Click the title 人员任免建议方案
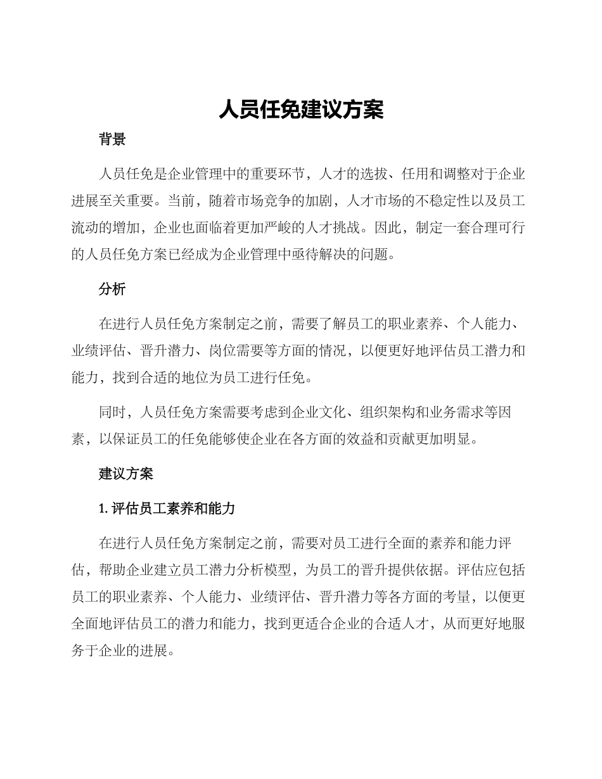coord(301,110)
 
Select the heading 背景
coord(112,140)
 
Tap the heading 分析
coord(112,289)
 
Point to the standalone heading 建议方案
coord(126,473)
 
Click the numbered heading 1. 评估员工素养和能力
coord(167,508)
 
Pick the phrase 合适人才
coord(399,624)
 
